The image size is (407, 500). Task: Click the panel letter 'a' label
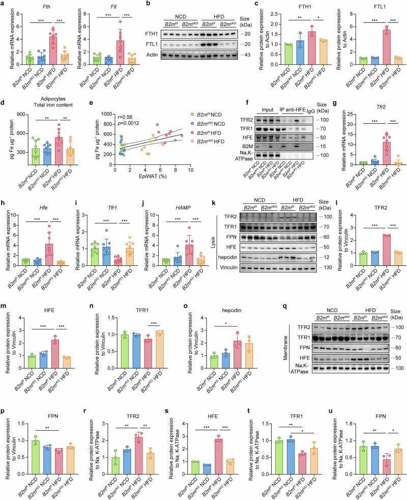coord(4,5)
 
